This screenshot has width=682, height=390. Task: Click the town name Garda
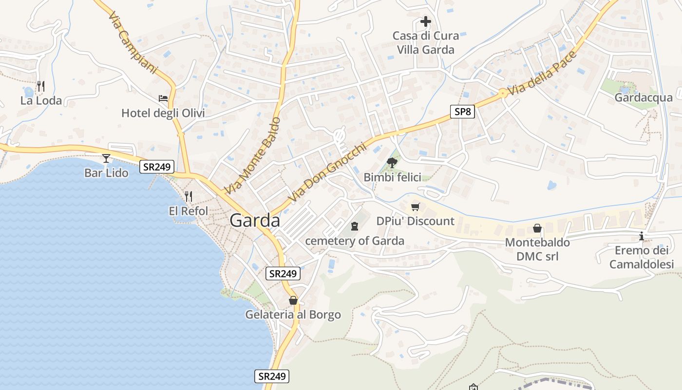255,221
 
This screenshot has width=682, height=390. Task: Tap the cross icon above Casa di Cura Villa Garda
426,21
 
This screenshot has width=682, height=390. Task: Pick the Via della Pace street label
542,73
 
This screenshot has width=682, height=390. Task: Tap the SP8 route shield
462,112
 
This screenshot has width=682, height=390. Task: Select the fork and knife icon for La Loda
41,86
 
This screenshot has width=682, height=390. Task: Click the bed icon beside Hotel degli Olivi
163,98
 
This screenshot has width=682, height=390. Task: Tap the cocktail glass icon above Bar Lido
106,158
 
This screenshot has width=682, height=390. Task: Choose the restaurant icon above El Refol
189,196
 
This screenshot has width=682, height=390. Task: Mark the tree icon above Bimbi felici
392,162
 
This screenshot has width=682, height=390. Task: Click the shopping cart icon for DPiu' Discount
415,207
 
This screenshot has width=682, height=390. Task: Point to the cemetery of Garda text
355,241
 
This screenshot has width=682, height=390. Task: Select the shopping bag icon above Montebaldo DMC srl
537,228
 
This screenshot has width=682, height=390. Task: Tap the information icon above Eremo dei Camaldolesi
642,236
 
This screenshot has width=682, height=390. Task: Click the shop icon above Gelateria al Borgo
293,300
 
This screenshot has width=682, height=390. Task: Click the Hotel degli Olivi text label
163,114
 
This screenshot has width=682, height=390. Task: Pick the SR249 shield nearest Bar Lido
157,167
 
